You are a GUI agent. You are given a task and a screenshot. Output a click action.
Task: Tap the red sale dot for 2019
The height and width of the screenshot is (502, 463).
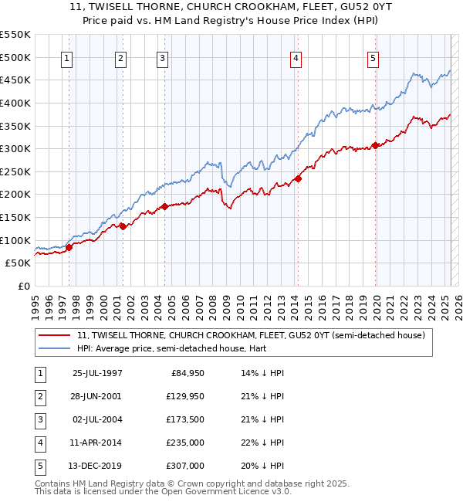(x=376, y=145)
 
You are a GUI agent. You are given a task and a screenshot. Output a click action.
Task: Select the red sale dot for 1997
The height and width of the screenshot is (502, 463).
(x=69, y=247)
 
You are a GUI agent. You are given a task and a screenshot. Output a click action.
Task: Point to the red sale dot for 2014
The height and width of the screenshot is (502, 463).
(x=298, y=178)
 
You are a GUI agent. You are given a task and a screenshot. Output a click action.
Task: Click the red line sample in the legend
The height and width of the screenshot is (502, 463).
(x=54, y=336)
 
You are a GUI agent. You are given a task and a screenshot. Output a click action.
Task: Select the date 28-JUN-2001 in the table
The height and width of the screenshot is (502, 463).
(x=96, y=395)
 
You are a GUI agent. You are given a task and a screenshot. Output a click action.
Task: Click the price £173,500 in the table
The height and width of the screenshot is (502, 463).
(x=184, y=419)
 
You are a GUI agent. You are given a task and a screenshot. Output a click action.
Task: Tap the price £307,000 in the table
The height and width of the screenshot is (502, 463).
(x=184, y=466)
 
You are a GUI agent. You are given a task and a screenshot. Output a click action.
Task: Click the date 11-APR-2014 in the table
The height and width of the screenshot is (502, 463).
(x=96, y=443)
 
